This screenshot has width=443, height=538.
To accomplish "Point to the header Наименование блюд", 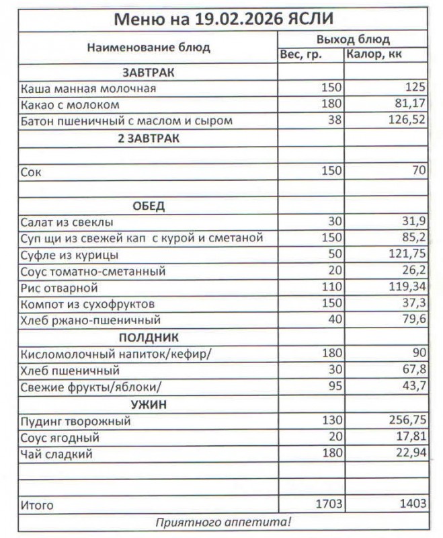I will tap(148, 47).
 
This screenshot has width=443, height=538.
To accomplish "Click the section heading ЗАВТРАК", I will tap(148, 72).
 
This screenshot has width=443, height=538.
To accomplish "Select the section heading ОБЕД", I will tap(149, 205).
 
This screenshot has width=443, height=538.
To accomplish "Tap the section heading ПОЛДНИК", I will tap(149, 337).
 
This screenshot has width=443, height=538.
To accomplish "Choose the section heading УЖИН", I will tap(149, 405).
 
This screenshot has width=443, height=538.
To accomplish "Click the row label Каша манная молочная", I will tap(89, 88).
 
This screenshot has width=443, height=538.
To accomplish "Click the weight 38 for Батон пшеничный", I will tap(335, 121).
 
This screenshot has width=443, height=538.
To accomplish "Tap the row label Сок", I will tap(31, 172).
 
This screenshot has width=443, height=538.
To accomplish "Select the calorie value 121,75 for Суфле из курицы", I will tap(407, 255).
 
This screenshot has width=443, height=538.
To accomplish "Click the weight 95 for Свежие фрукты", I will tap(335, 387).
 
